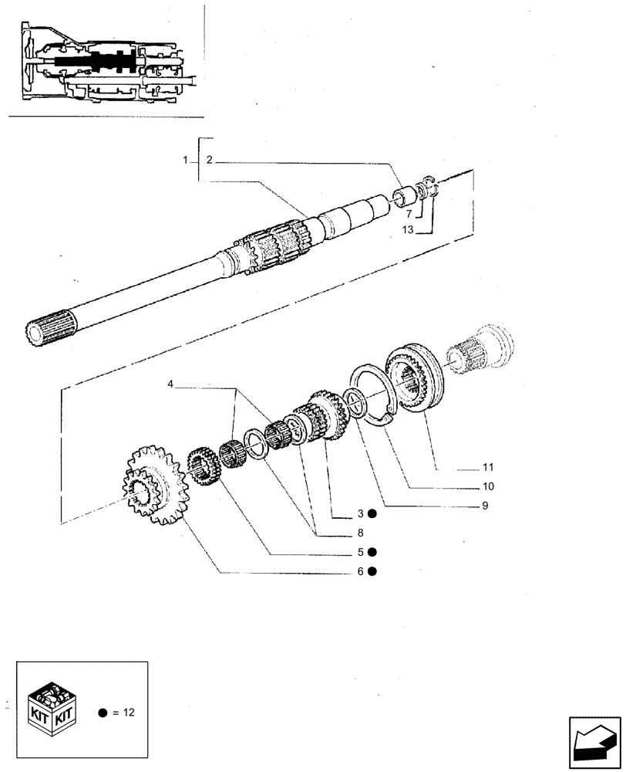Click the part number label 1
(x=186, y=160)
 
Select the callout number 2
(x=210, y=160)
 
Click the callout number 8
(x=359, y=532)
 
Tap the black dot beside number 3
(x=372, y=513)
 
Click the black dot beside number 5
(x=372, y=552)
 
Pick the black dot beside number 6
(x=372, y=571)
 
